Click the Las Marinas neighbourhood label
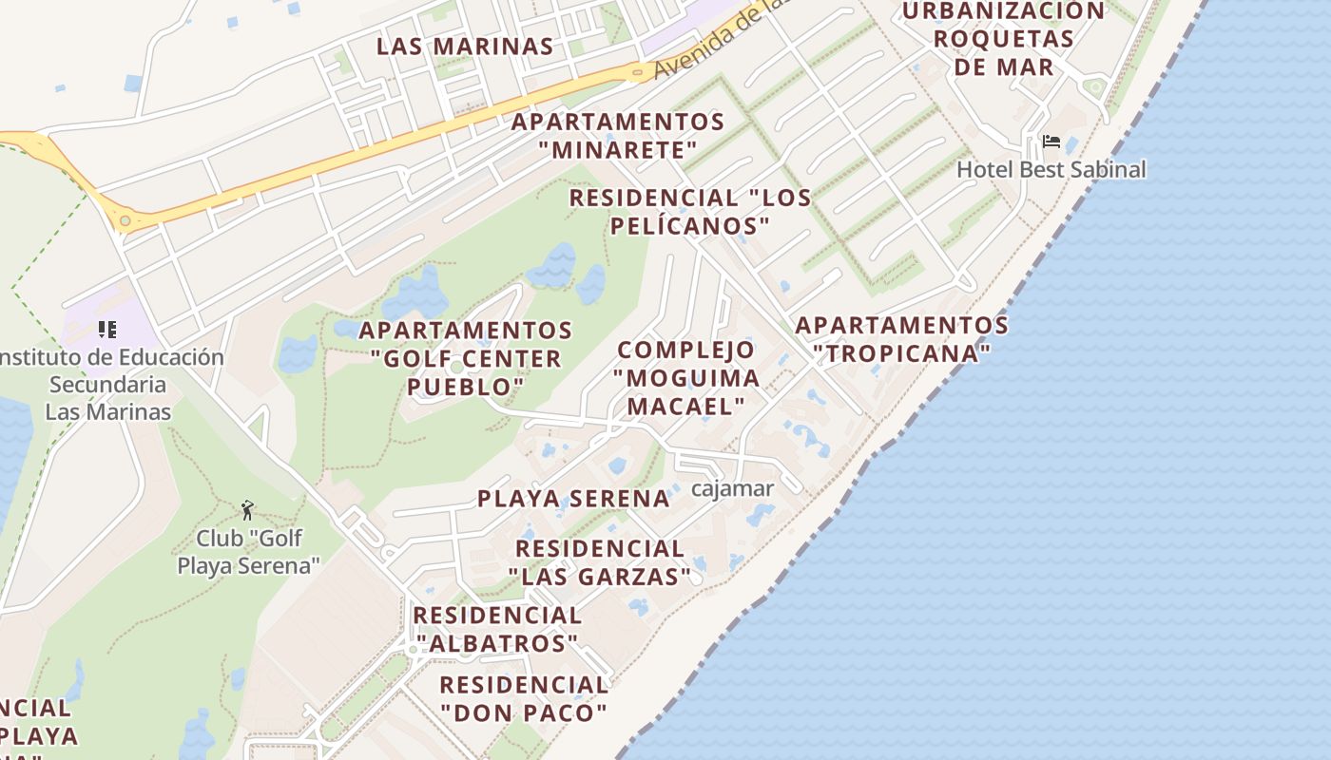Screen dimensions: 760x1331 (465, 46)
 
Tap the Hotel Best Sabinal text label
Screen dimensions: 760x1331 (1051, 169)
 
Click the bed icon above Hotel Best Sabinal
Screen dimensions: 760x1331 (1051, 142)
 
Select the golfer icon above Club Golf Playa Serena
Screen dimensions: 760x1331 (247, 510)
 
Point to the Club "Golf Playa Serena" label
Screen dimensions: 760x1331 (249, 552)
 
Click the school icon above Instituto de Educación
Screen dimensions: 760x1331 (107, 330)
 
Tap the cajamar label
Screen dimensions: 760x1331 (732, 488)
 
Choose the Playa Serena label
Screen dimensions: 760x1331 (573, 498)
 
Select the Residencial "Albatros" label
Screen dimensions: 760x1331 (497, 629)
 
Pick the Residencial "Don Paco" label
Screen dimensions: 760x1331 (523, 698)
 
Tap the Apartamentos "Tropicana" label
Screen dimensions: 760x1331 (901, 339)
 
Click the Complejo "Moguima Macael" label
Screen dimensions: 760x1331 (686, 377)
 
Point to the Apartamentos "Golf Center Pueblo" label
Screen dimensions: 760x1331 (465, 358)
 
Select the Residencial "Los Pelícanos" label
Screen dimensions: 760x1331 (690, 212)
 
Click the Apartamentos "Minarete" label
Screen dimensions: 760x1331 (618, 136)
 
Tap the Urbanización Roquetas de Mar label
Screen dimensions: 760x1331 (1003, 39)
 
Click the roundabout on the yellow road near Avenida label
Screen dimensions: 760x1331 (637, 72)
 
